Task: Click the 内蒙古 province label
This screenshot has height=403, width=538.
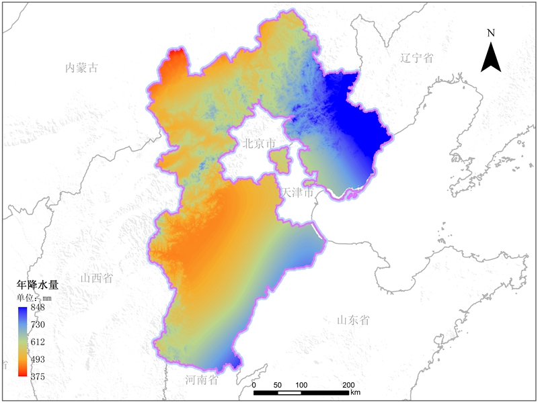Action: point(82,67)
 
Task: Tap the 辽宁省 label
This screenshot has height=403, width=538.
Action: point(416,58)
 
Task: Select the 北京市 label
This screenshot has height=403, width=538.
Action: point(259,143)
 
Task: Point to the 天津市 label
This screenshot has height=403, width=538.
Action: point(297,193)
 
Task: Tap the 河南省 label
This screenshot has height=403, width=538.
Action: point(202,380)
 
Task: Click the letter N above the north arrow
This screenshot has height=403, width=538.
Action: point(491,33)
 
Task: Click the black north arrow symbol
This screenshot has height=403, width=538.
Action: point(491,57)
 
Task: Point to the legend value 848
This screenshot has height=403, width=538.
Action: point(37,308)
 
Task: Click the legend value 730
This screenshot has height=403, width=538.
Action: point(37,325)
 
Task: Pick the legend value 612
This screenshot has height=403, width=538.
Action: point(37,342)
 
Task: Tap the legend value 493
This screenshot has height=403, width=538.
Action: point(37,359)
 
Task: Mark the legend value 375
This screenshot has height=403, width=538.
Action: point(37,377)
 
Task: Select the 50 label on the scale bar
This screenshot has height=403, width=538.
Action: point(277,385)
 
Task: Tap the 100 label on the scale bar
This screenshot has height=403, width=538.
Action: point(301,385)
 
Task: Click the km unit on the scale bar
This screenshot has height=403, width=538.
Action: point(356,392)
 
